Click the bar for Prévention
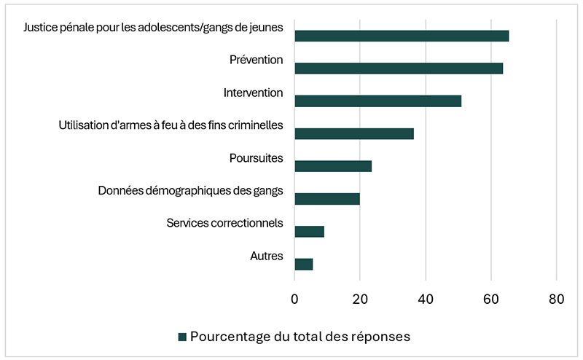[x=399, y=69]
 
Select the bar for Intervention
[x=377, y=101]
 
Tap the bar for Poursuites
[x=333, y=166]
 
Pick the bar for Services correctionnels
[x=309, y=232]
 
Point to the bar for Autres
[x=303, y=265]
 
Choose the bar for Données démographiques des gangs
[x=327, y=199]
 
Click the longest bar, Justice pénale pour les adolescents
[x=402, y=36]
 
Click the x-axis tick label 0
[x=294, y=299]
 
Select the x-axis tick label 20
[x=360, y=299]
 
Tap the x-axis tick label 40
[x=426, y=299]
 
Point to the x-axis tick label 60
[x=491, y=299]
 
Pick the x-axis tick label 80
[x=557, y=299]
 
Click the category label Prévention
[x=256, y=60]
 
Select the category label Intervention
[x=253, y=93]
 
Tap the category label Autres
[x=266, y=256]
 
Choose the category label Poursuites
[x=256, y=158]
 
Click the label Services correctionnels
[x=224, y=223]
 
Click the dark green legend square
[x=182, y=337]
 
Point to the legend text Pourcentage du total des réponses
[x=300, y=337]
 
